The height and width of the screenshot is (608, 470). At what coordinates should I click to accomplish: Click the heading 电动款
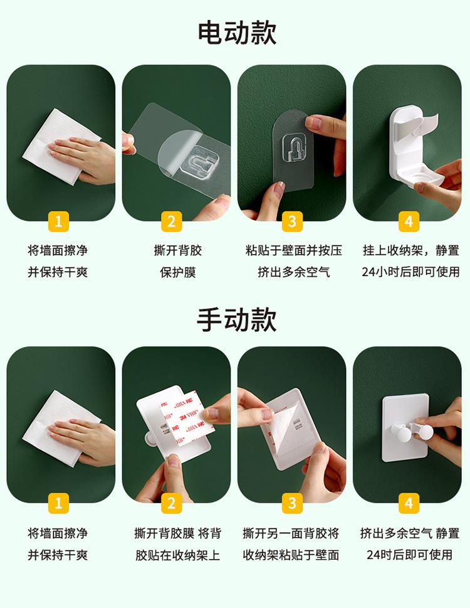pos(237,33)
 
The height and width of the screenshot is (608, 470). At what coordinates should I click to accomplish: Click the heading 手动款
pos(237,319)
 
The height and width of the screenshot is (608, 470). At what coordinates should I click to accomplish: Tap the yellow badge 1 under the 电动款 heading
pos(58,221)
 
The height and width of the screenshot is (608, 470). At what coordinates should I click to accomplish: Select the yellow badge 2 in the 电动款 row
pos(172,221)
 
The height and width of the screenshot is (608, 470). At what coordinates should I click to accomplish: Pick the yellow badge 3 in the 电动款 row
pos(292,221)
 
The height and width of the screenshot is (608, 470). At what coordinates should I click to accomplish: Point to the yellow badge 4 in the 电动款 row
pos(409,221)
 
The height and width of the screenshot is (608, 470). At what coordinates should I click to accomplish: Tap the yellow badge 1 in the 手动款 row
pos(58,503)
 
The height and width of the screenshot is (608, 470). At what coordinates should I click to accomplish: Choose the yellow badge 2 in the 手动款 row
pos(172,503)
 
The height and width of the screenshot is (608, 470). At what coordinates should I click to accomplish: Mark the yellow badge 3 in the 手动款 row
pos(292,503)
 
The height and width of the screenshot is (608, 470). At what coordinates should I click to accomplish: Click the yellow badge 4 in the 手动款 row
pos(409,503)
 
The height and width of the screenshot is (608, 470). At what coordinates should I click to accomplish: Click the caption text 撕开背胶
pos(178,250)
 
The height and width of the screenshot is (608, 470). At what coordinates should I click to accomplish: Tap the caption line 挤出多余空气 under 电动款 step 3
pos(294,272)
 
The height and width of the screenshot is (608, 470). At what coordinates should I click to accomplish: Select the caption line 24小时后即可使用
pos(410,272)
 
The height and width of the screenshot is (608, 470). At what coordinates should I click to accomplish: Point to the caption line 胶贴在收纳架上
pos(178,555)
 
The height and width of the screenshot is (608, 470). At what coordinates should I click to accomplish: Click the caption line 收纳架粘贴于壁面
pos(291,555)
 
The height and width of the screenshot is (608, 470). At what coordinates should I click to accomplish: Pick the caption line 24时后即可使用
pos(410,555)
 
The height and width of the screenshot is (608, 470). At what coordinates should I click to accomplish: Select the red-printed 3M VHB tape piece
pos(187,419)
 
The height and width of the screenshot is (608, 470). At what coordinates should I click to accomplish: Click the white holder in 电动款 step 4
pos(414,147)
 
